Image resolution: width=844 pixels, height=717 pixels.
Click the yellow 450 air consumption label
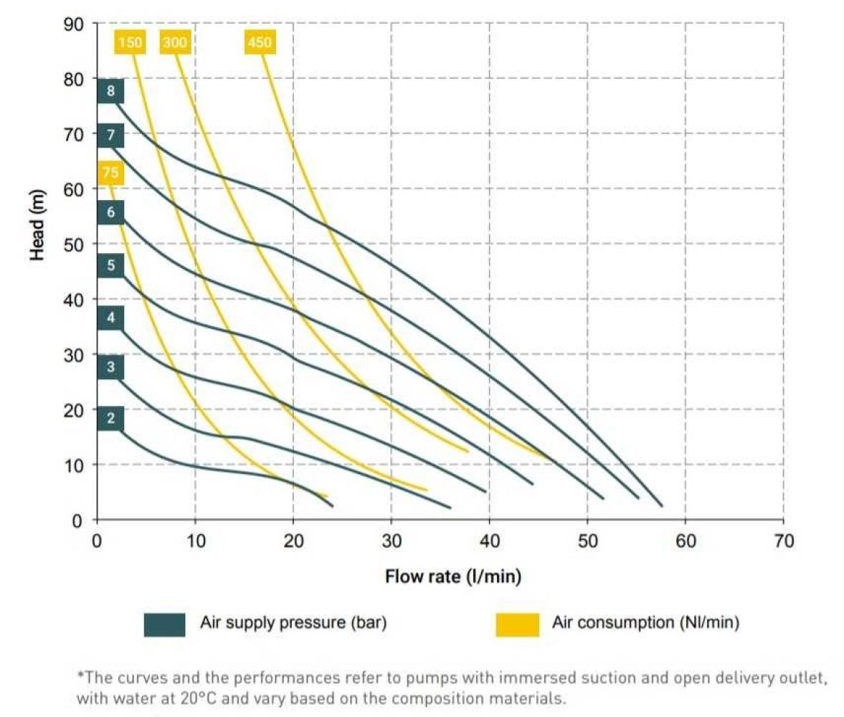(259, 43)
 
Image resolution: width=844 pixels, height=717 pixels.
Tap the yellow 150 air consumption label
(130, 43)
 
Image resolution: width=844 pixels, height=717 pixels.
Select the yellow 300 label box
(174, 43)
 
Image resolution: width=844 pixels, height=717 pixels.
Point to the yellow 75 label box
(110, 173)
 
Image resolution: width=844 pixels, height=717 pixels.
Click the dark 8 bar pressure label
(110, 91)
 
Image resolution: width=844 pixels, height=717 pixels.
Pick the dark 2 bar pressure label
(110, 419)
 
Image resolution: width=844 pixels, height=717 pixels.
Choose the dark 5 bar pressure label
(110, 266)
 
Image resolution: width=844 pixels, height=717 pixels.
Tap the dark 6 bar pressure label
(110, 212)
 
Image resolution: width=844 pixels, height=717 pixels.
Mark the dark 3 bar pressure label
(110, 367)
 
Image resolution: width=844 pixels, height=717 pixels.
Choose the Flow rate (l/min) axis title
(453, 576)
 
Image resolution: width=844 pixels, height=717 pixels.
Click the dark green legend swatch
(165, 624)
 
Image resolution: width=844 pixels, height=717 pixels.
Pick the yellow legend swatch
(517, 624)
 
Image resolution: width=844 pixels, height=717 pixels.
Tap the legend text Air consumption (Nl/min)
(645, 622)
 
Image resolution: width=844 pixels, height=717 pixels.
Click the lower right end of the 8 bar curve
(661, 506)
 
